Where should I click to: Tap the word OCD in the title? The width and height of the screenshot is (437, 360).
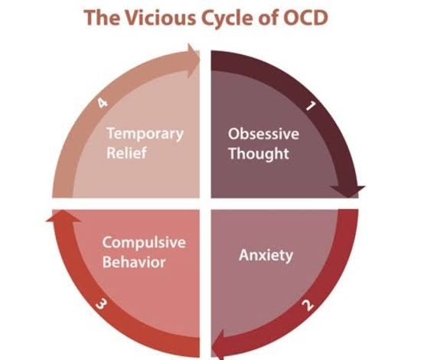[x=305, y=18]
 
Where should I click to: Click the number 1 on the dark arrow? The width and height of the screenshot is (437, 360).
[x=311, y=106]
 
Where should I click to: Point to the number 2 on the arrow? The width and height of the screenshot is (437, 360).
[x=308, y=305]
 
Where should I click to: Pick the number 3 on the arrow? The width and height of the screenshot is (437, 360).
[x=101, y=303]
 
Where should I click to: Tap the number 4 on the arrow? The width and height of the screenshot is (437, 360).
[x=103, y=103]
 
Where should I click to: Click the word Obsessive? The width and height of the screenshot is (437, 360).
[x=263, y=133]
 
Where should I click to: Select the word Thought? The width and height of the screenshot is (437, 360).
[x=259, y=154]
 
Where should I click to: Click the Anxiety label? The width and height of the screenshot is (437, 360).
[x=266, y=255]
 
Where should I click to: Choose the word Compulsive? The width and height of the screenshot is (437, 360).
[x=144, y=243]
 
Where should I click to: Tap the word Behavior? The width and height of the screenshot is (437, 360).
[x=134, y=262]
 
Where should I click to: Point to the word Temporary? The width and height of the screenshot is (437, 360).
[x=145, y=134]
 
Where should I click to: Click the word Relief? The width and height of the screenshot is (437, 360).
[x=126, y=153]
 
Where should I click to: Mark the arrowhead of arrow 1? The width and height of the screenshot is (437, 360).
[x=347, y=191]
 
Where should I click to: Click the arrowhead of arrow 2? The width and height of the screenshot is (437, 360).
[x=218, y=345]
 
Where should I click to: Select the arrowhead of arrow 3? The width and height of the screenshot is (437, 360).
[x=64, y=216]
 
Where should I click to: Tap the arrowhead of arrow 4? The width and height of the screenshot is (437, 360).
[x=194, y=61]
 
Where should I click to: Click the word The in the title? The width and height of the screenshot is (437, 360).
[x=102, y=18]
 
